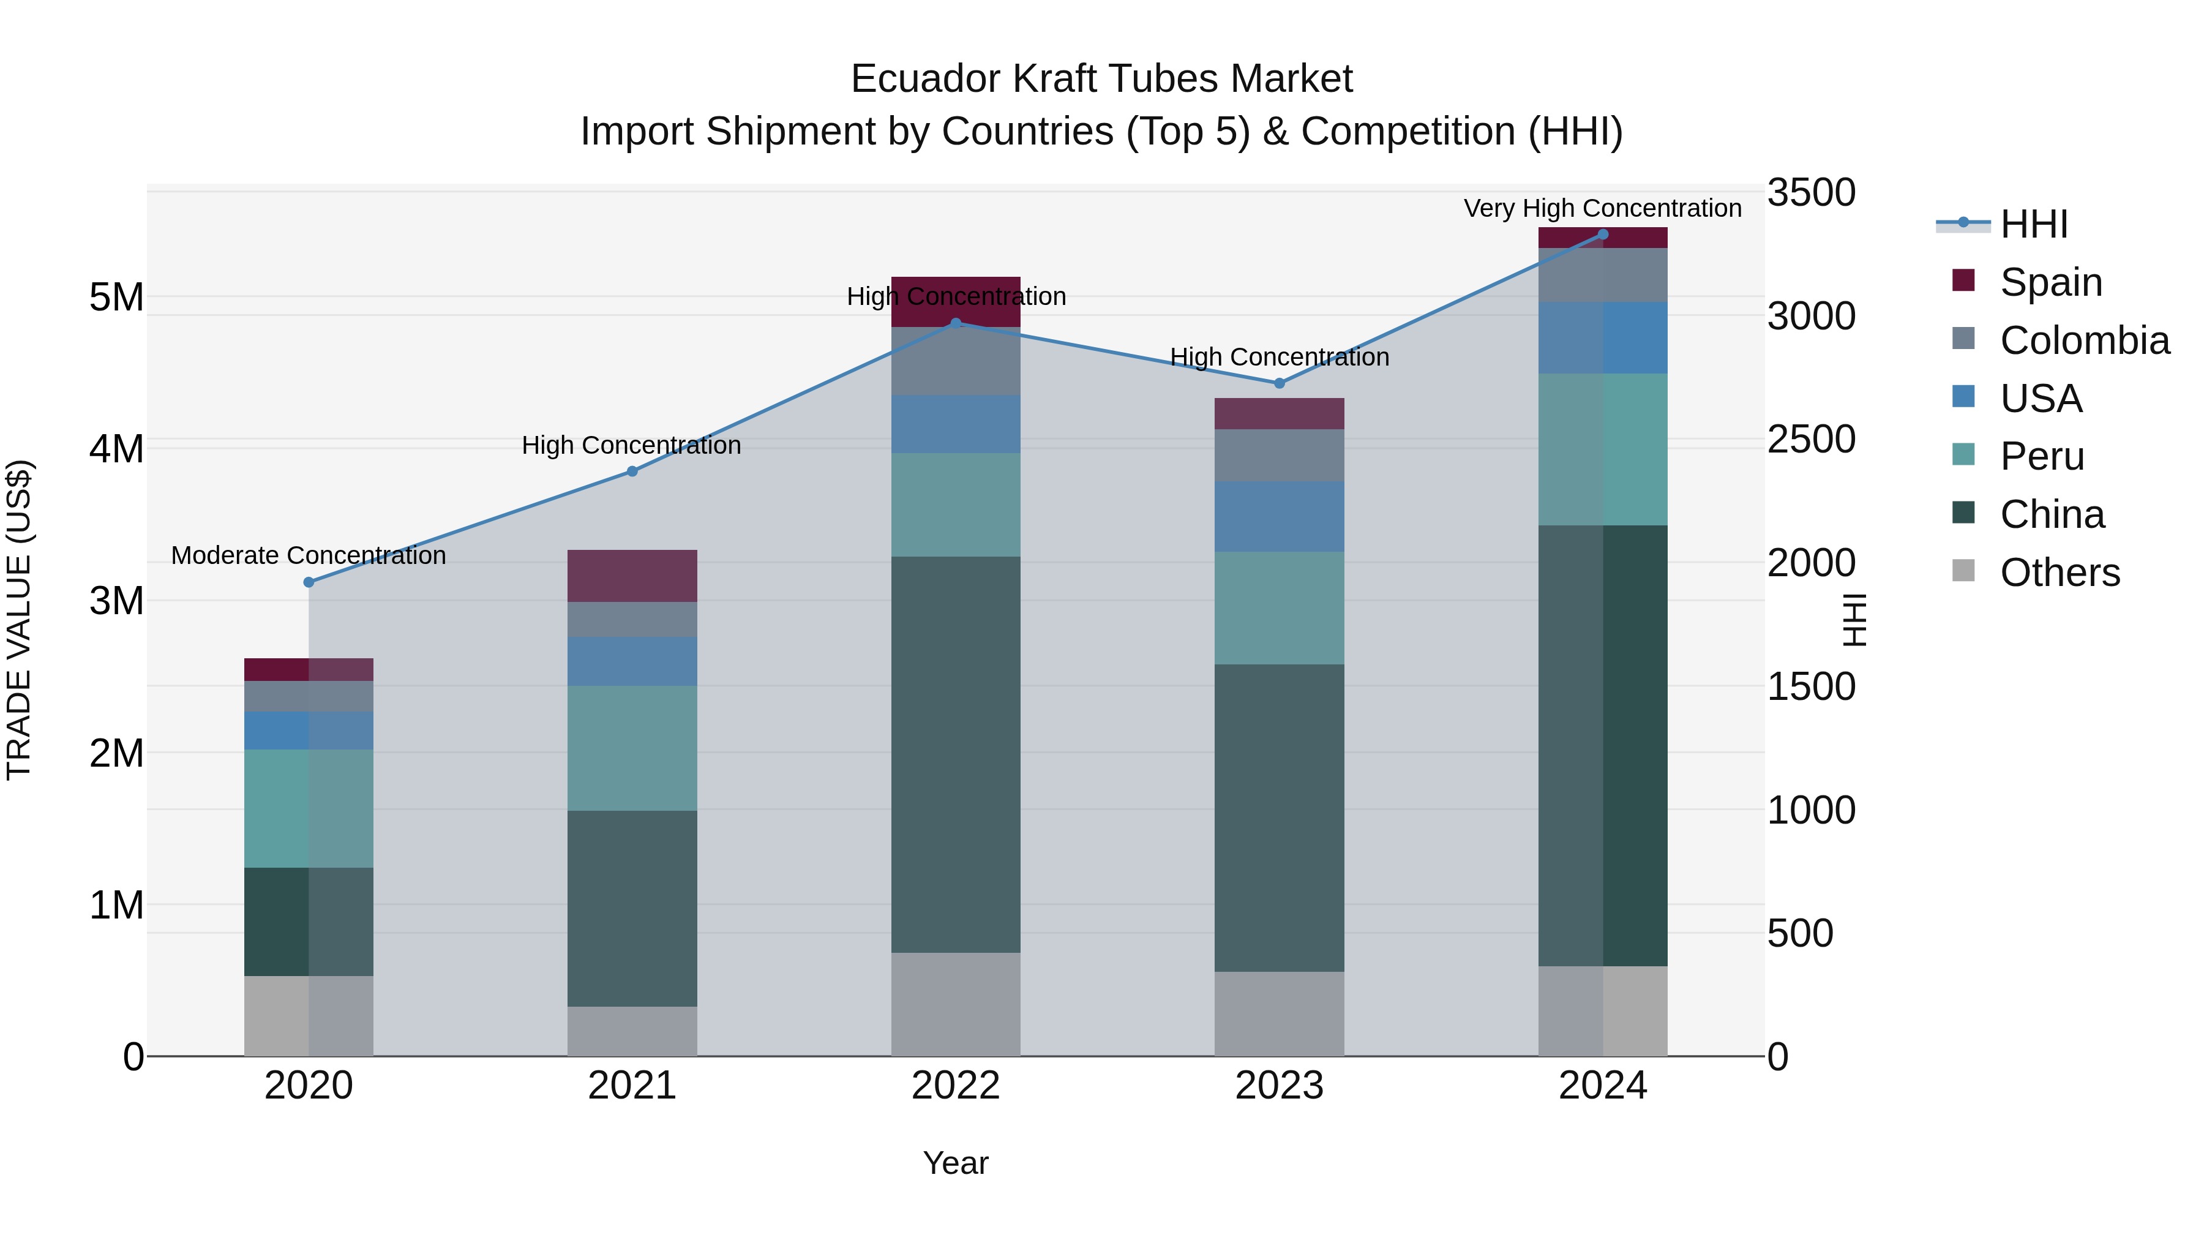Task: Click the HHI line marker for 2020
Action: point(309,582)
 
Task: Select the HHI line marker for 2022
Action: point(956,323)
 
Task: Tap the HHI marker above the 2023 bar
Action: point(1279,383)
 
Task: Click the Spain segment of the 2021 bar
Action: point(632,576)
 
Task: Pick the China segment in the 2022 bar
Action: point(956,753)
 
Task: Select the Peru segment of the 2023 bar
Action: point(1279,607)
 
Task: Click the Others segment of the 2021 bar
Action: point(632,1031)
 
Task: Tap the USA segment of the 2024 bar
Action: point(1603,337)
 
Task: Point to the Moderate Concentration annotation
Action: point(309,555)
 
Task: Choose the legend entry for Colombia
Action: point(2084,340)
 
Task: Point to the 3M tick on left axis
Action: point(117,601)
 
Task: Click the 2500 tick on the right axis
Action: point(1812,440)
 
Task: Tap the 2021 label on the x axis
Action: point(632,1086)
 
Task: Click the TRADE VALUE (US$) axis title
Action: point(20,620)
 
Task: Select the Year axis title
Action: point(956,1163)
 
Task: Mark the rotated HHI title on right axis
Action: point(1853,620)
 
